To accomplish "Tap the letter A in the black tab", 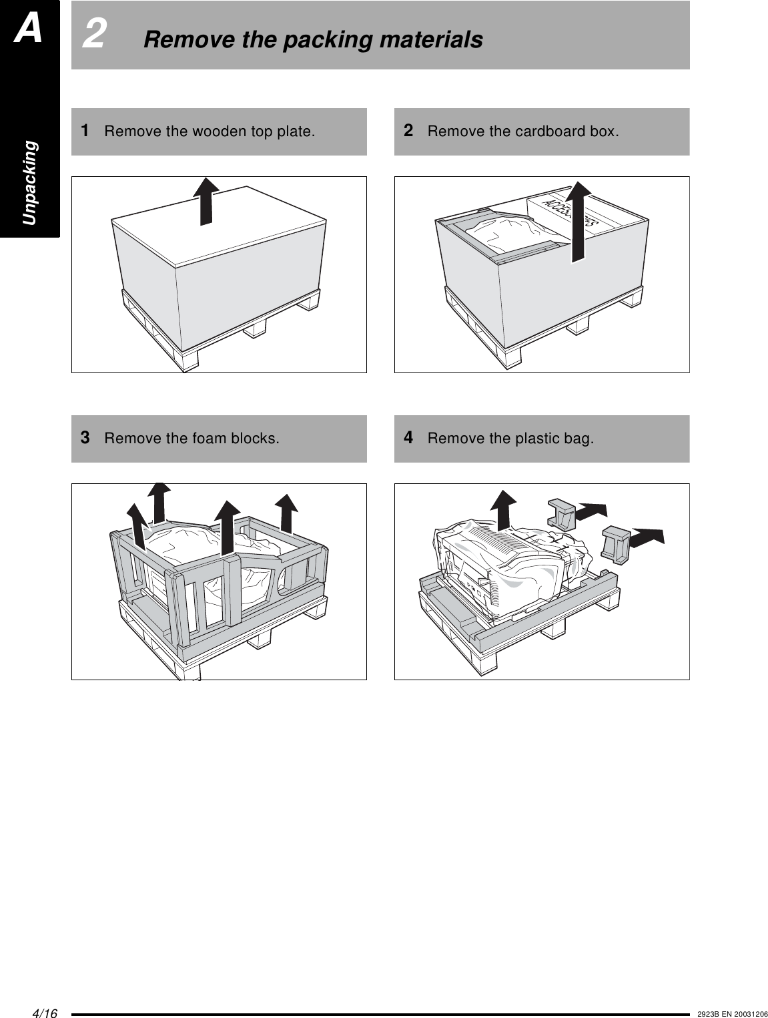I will [x=29, y=29].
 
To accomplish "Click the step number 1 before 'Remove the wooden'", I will [x=85, y=130].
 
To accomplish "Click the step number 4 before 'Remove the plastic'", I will [x=408, y=438].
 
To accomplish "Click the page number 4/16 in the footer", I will [x=45, y=1013].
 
